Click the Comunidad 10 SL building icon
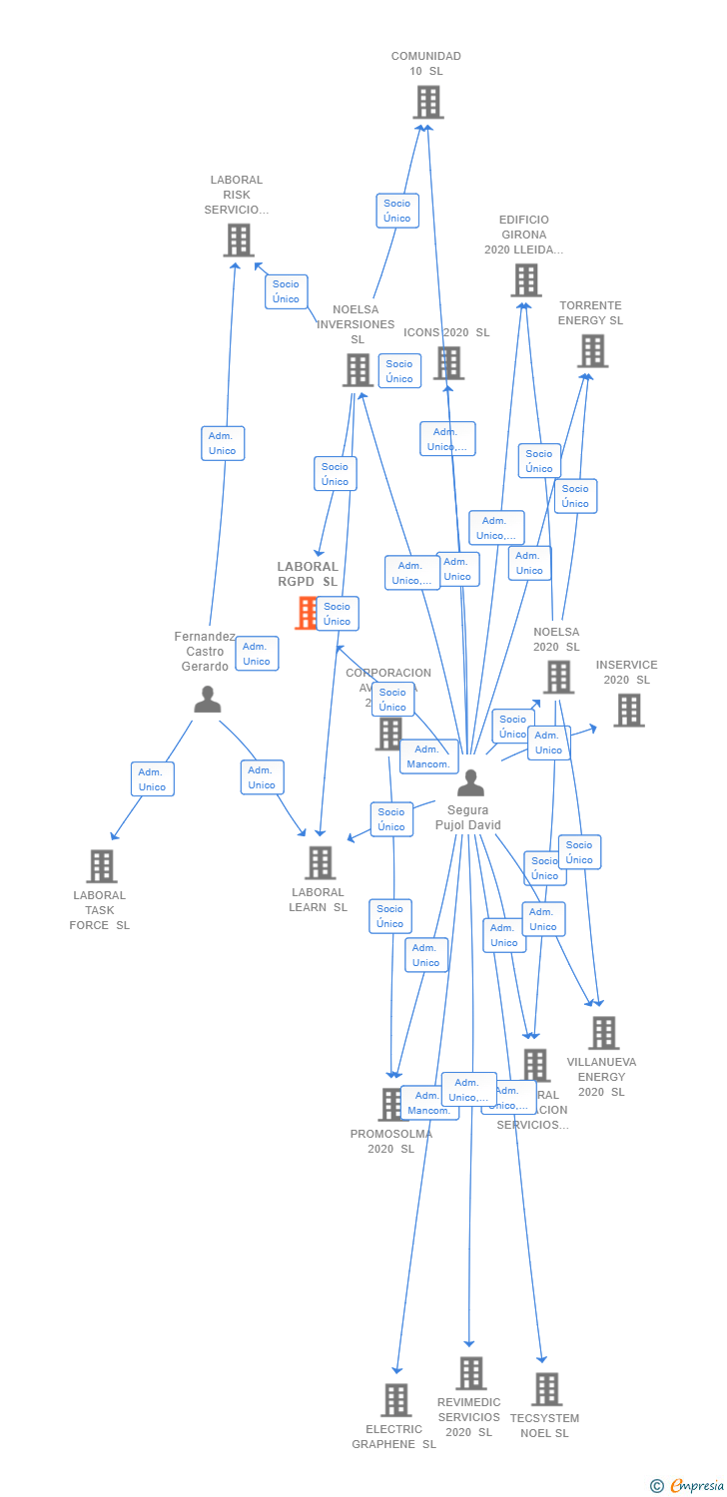[x=427, y=102]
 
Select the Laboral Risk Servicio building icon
[x=239, y=241]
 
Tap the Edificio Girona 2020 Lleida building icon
[x=526, y=280]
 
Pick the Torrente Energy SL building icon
[x=592, y=350]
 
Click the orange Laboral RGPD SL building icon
[x=306, y=613]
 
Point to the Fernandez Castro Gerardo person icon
[x=208, y=700]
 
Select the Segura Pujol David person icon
[x=469, y=783]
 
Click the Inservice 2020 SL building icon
[x=628, y=710]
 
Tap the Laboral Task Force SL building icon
[x=101, y=865]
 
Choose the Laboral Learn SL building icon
[x=320, y=862]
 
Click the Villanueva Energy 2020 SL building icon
[x=603, y=1033]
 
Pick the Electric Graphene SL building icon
[x=396, y=1399]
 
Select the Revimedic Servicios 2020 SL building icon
[x=470, y=1373]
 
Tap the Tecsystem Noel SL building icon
[x=546, y=1388]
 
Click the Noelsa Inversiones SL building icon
[x=357, y=370]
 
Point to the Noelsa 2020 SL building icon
[x=557, y=677]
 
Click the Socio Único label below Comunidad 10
[x=397, y=211]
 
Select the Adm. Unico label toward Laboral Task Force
[x=153, y=779]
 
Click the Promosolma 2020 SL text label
[x=391, y=1141]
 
